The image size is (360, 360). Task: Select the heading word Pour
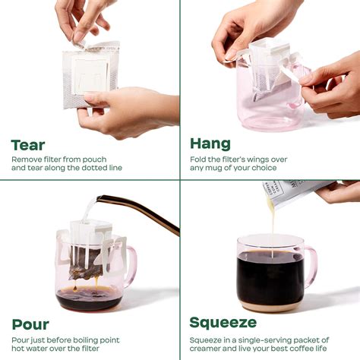[x=31, y=324]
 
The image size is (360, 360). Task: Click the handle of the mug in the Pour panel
[x=130, y=263]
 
